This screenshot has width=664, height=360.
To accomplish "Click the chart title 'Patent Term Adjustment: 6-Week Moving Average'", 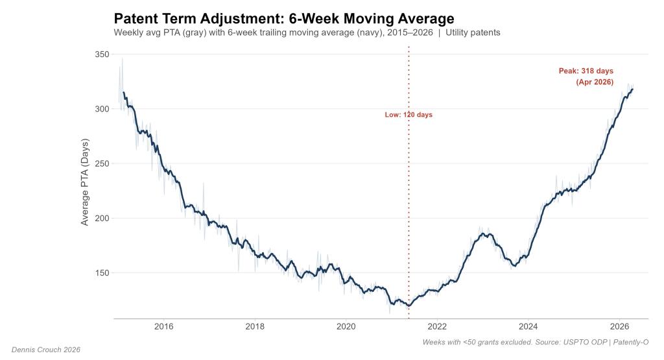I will pyautogui.click(x=283, y=18).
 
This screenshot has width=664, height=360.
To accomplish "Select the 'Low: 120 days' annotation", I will pyautogui.click(x=409, y=115).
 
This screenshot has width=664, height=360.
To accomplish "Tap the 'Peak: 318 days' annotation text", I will pyautogui.click(x=586, y=71).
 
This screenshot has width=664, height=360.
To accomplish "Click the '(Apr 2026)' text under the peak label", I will pyautogui.click(x=594, y=82).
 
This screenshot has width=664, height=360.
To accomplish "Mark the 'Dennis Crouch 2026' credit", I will pyautogui.click(x=45, y=350).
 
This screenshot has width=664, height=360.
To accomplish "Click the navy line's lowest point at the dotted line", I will pyautogui.click(x=409, y=306).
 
